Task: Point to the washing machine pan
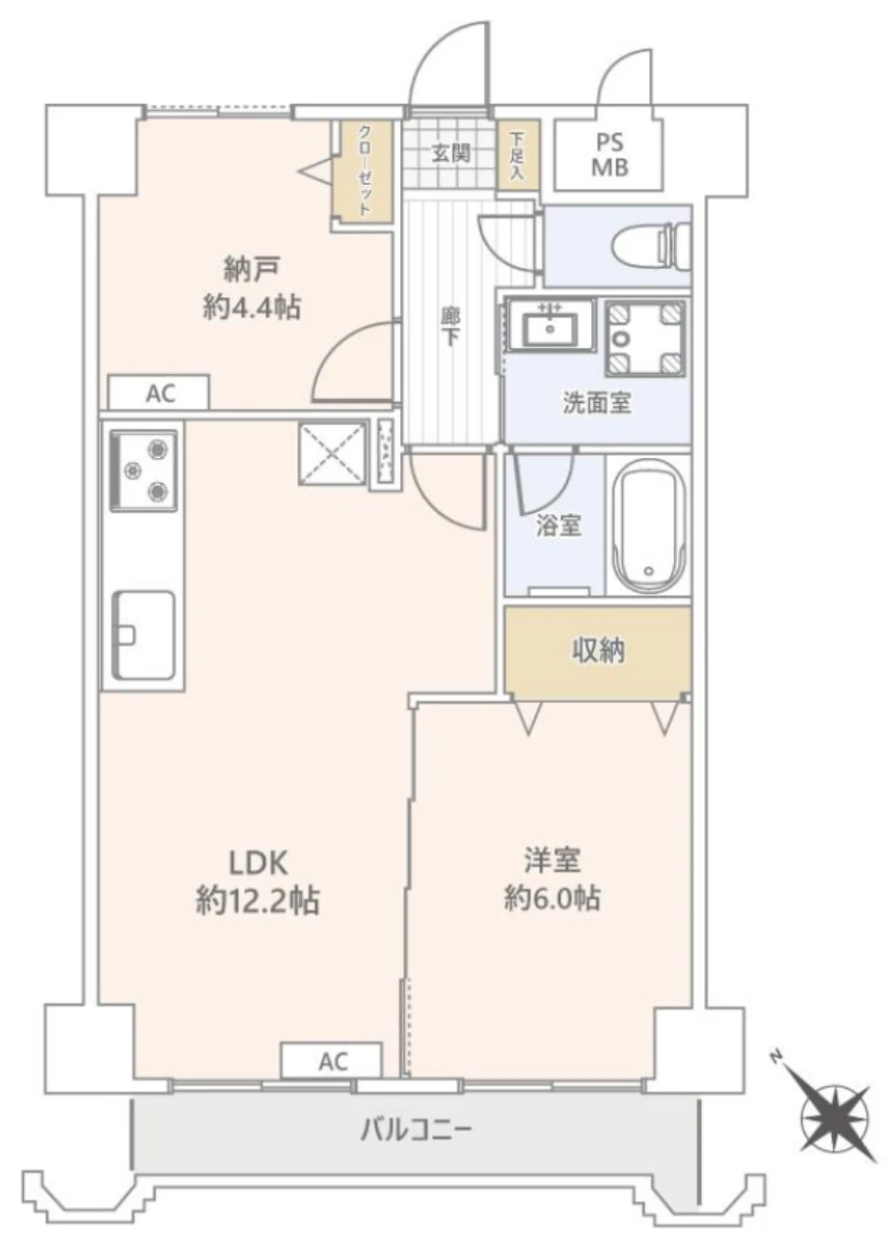click(645, 337)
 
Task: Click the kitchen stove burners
click(144, 470)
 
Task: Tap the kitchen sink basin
click(144, 633)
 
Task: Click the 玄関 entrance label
click(450, 153)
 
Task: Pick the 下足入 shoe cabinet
click(517, 156)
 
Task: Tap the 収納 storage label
click(597, 651)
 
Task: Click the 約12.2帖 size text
click(257, 900)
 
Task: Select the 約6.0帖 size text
click(552, 899)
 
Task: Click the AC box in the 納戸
click(158, 392)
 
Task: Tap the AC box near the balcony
click(332, 1061)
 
